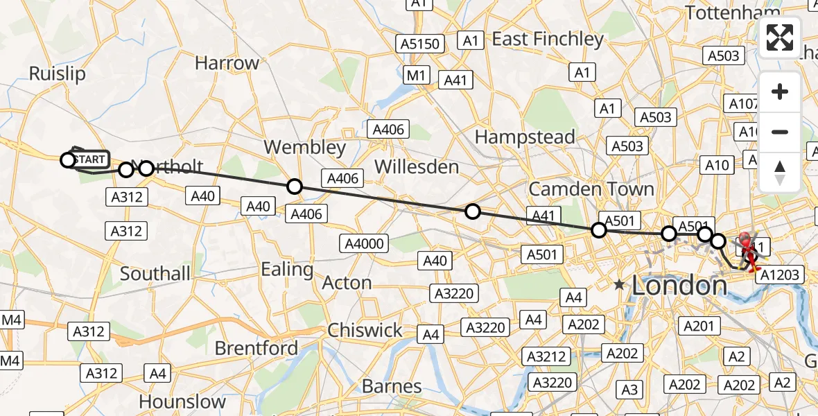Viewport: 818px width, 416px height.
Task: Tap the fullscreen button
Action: point(780,37)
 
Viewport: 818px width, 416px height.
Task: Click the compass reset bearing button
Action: point(780,173)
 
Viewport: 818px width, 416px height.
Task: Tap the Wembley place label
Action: point(304,147)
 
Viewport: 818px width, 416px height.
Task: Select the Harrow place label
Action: point(227,63)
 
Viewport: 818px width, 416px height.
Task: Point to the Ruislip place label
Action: point(57,74)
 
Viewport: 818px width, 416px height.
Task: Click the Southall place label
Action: point(155,274)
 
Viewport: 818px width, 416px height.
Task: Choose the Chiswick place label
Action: point(365,330)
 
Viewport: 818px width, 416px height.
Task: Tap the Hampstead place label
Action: point(525,137)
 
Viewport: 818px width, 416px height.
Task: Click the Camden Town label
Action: point(591,189)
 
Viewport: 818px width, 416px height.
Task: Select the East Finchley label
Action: point(548,40)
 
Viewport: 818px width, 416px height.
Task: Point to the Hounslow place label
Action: point(182,401)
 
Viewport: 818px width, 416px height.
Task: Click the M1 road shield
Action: point(417,75)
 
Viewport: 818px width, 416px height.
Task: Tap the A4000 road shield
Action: point(364,243)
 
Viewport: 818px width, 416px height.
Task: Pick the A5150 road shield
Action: point(420,44)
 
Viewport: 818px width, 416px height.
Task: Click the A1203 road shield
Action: point(778,275)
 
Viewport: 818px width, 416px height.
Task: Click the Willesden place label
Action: point(417,167)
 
